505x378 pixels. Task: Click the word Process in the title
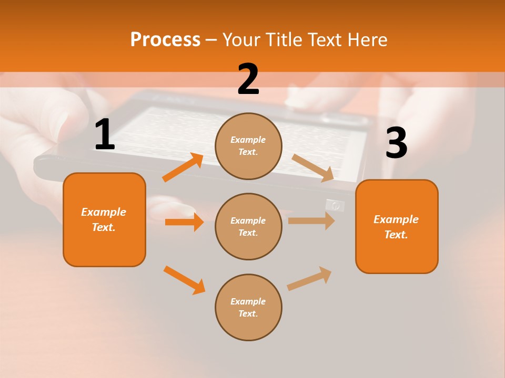[x=165, y=40]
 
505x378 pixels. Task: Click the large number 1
[x=105, y=135]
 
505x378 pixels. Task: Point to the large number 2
[x=248, y=79]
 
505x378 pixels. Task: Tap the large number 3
[x=396, y=143]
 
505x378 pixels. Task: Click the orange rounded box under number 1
[x=104, y=219]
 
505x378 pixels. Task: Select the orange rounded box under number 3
[x=397, y=226]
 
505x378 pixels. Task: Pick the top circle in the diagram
[x=248, y=146]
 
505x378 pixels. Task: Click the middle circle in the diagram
[x=248, y=226]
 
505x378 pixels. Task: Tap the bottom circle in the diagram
[x=248, y=307]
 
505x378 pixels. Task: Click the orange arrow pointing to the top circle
[x=183, y=167]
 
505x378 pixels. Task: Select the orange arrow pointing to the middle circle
[x=184, y=222]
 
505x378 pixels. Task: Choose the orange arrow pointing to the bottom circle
[x=184, y=280]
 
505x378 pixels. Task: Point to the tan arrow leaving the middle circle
[x=311, y=220]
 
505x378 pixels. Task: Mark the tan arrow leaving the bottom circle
[x=309, y=278]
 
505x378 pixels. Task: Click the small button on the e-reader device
[x=335, y=205]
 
